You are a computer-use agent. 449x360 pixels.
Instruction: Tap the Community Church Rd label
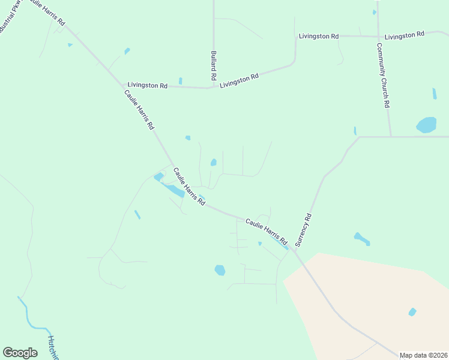tap(384, 75)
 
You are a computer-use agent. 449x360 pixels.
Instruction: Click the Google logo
tap(20, 353)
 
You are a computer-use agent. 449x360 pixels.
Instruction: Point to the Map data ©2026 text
tap(423, 355)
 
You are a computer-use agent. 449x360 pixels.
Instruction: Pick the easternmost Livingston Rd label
tap(405, 36)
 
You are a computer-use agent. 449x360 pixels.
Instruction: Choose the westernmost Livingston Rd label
tap(147, 86)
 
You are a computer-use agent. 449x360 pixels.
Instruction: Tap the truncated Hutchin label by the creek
tap(53, 347)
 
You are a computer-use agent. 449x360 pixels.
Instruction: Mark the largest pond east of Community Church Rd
tap(426, 125)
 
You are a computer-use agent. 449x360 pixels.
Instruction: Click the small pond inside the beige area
tap(412, 312)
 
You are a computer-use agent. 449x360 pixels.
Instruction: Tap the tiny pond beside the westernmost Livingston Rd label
tap(180, 81)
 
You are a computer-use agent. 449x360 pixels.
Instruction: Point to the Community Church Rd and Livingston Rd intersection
tap(378, 36)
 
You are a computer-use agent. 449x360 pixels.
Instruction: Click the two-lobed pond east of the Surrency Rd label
tap(361, 239)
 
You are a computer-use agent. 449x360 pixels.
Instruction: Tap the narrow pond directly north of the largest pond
tap(434, 94)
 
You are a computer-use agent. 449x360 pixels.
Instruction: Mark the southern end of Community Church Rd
tap(391, 136)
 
